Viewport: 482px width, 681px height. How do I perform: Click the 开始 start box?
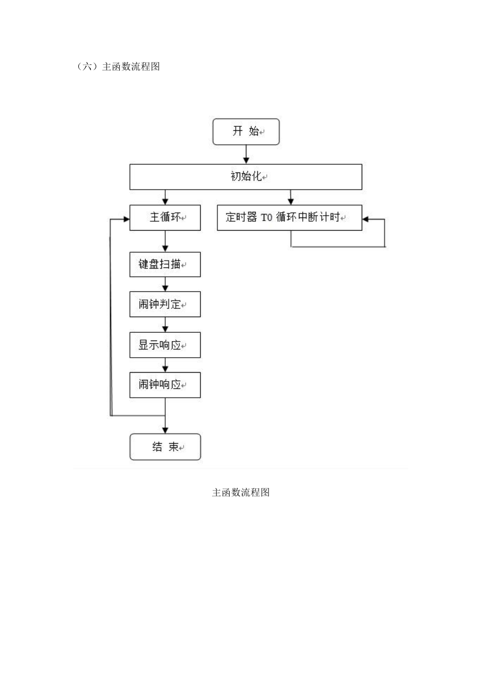coord(246,131)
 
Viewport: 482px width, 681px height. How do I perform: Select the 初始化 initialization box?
coord(246,177)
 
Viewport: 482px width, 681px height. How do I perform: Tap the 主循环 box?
coord(165,218)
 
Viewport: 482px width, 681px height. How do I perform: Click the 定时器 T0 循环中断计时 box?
coord(290,218)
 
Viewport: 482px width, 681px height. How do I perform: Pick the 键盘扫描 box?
coord(165,265)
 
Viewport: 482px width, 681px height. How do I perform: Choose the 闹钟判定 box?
coord(165,304)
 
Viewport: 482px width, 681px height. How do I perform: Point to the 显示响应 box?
coord(165,345)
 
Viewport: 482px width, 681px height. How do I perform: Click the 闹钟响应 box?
coord(165,385)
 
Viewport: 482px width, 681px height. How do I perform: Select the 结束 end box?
coord(165,446)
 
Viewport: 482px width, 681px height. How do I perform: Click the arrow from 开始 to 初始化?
coord(246,154)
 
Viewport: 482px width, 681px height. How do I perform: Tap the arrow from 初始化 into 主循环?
coord(165,197)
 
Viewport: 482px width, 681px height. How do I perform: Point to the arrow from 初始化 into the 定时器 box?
coord(291,197)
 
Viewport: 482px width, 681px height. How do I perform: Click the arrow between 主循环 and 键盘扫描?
coord(165,241)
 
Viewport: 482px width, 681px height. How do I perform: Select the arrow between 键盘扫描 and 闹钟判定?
coord(165,284)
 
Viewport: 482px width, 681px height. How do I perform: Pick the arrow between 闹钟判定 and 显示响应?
coord(165,324)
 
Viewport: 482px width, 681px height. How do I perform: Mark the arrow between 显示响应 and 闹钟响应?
coord(165,365)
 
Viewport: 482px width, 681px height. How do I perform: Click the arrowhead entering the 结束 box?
coord(165,430)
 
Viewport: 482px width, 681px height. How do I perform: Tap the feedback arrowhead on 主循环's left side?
coord(126,219)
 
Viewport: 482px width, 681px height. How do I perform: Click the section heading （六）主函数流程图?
coord(118,67)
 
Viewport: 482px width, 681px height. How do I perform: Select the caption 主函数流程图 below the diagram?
coord(241,492)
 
